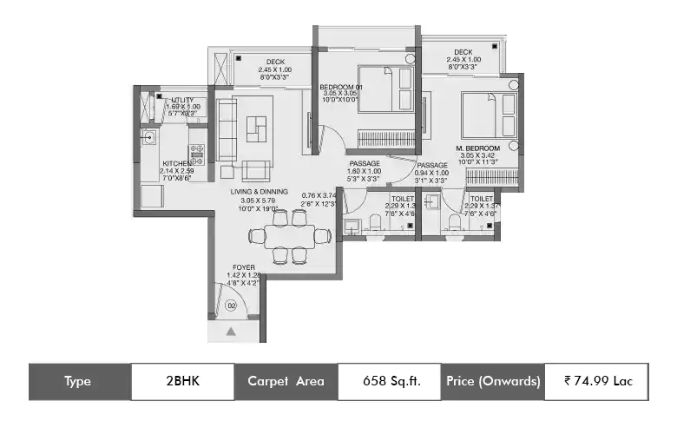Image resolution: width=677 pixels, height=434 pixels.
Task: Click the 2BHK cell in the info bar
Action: tap(182, 381)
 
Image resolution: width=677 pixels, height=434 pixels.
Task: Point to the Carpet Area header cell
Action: tap(286, 381)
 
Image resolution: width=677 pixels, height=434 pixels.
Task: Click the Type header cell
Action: tap(79, 381)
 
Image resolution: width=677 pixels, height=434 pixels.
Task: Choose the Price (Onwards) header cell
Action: tap(493, 381)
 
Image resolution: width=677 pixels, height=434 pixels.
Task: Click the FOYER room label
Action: tap(243, 268)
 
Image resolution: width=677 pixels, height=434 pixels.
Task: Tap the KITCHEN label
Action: tap(177, 163)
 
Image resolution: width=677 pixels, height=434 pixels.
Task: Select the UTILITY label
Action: tap(182, 101)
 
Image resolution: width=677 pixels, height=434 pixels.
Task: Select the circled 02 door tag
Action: tap(231, 306)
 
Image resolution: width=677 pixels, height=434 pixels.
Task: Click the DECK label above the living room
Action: tap(275, 62)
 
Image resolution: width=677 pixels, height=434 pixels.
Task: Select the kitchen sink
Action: tap(149, 136)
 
